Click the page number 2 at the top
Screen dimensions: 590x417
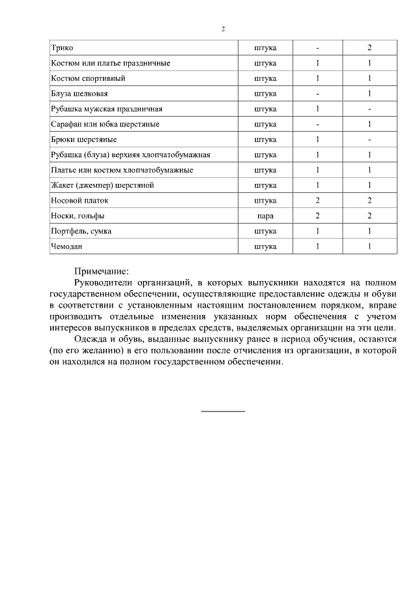click(x=222, y=29)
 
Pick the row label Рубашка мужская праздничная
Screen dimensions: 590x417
click(x=106, y=109)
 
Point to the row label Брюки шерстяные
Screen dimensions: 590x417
click(x=79, y=140)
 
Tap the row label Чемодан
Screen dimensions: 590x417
click(x=67, y=246)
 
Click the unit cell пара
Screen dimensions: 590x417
click(x=265, y=216)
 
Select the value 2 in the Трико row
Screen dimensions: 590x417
click(x=369, y=48)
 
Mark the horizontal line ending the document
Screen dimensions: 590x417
click(x=223, y=411)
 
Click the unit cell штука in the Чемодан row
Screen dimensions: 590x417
click(x=265, y=246)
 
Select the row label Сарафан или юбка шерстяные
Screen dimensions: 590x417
click(x=105, y=125)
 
